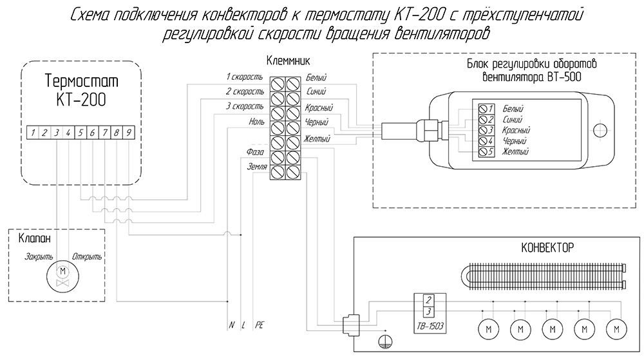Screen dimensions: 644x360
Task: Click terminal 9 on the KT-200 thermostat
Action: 129,133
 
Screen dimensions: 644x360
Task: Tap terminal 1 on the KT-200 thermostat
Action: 33,133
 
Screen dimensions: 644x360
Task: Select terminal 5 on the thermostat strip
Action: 81,133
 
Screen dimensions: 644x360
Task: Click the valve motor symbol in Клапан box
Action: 63,276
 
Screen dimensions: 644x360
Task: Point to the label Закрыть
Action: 39,257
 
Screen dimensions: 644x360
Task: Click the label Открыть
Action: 87,257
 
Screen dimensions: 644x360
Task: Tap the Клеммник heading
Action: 289,61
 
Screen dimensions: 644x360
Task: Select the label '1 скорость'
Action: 245,77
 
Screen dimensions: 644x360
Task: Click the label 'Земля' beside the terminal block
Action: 257,167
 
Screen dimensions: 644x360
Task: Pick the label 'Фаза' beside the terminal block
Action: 255,152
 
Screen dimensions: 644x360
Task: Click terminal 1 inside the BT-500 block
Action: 486,109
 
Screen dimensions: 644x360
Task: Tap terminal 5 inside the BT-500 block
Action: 486,151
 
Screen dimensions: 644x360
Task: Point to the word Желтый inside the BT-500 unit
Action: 515,151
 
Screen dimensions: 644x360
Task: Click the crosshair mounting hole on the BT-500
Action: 600,131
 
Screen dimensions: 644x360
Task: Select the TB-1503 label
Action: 430,327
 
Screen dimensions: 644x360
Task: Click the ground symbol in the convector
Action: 385,341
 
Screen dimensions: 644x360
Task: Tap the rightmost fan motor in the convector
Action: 616,329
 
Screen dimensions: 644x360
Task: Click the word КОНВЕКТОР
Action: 547,248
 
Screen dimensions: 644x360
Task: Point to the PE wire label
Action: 259,325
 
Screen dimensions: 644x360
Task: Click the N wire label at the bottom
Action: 232,325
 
